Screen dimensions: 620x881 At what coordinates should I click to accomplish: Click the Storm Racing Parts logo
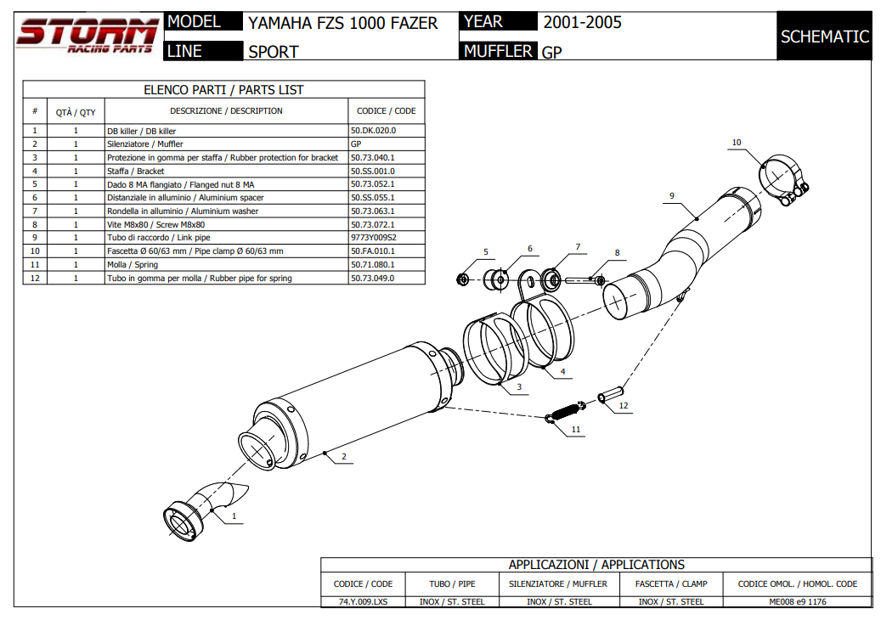[x=87, y=36]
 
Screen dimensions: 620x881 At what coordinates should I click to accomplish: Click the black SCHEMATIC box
[x=824, y=37]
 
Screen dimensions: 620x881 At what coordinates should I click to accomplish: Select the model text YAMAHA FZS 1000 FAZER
[x=343, y=23]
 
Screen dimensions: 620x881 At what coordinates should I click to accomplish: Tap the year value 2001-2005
[x=582, y=22]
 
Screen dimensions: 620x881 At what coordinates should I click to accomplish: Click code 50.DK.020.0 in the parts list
[x=374, y=131]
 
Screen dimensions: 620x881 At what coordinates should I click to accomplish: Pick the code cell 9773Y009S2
[x=374, y=238]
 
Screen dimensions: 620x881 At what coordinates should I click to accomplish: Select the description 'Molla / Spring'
[x=133, y=265]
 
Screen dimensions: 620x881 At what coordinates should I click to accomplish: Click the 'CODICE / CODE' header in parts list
[x=387, y=111]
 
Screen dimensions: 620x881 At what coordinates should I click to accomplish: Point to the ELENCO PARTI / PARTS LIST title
[x=223, y=90]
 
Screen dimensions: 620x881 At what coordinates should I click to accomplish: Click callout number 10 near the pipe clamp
[x=736, y=143]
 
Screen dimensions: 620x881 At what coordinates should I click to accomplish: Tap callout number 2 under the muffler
[x=343, y=457]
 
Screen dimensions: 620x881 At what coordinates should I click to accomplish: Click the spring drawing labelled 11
[x=563, y=413]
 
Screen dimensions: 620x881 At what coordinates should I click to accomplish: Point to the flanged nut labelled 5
[x=464, y=278]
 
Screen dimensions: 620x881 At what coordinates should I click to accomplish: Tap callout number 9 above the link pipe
[x=671, y=196]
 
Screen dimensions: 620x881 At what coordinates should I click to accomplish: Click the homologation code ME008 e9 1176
[x=798, y=601]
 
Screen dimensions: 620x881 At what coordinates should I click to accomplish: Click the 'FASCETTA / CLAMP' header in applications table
[x=670, y=583]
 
